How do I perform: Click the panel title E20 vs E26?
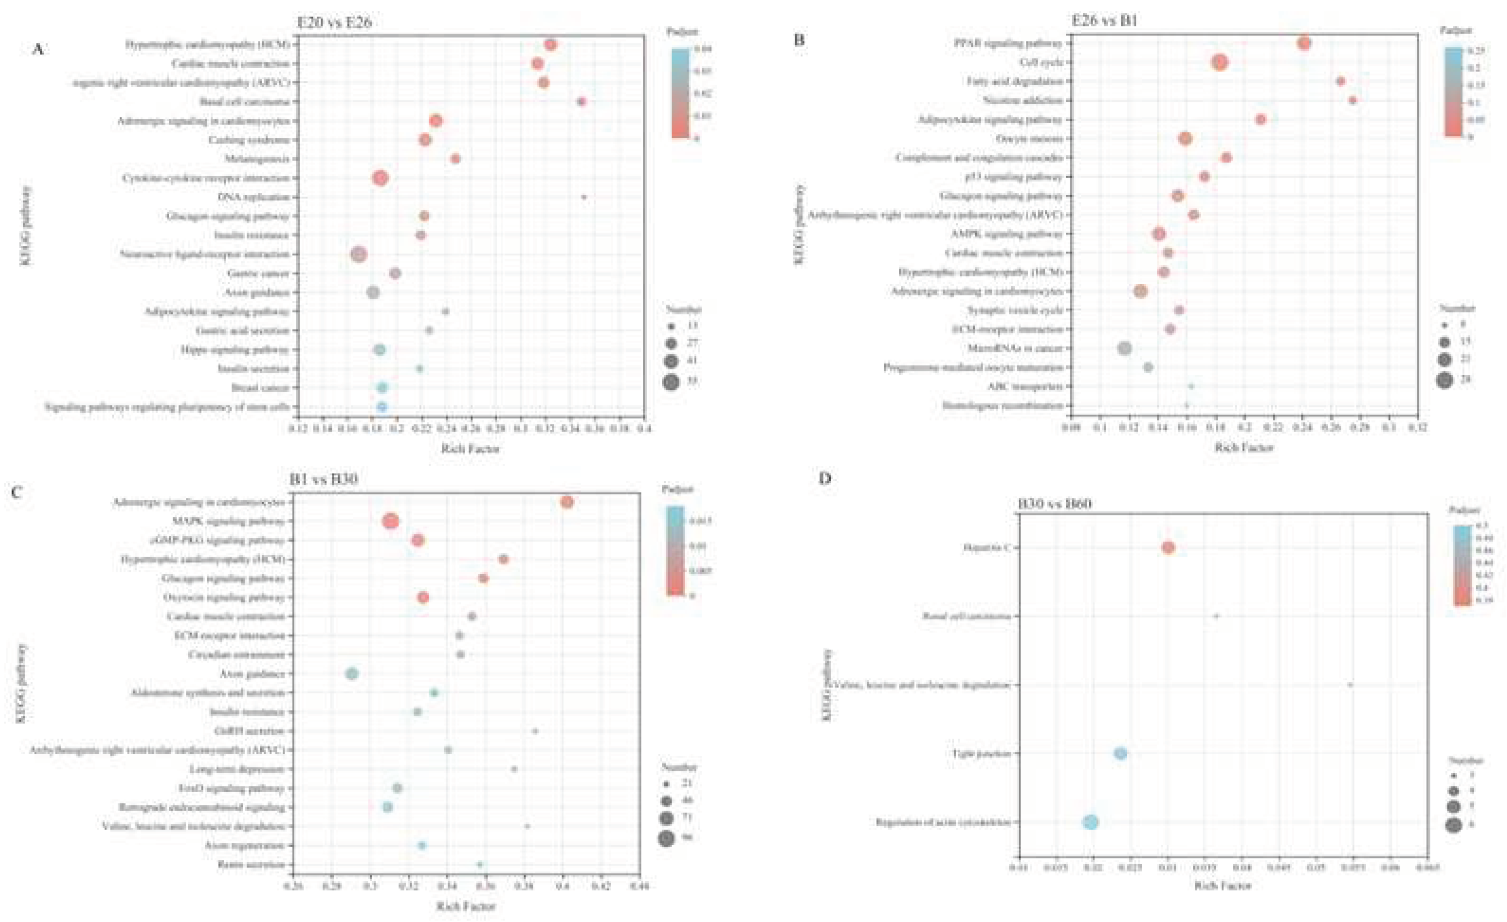pyautogui.click(x=334, y=23)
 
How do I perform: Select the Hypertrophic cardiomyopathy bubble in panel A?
pyautogui.click(x=550, y=45)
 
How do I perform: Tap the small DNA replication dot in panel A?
pyautogui.click(x=584, y=197)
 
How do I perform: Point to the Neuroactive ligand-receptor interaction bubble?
pyautogui.click(x=359, y=254)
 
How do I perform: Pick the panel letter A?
pyautogui.click(x=38, y=49)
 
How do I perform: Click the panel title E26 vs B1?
pyautogui.click(x=1104, y=20)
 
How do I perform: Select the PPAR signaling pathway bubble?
pyautogui.click(x=1304, y=43)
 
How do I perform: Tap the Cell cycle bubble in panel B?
pyautogui.click(x=1220, y=63)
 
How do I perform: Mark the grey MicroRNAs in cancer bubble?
pyautogui.click(x=1124, y=349)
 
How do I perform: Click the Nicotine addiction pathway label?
pyautogui.click(x=1023, y=100)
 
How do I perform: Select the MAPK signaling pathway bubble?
pyautogui.click(x=390, y=522)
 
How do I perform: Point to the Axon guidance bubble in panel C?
pyautogui.click(x=352, y=674)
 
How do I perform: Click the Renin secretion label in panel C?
pyautogui.click(x=251, y=865)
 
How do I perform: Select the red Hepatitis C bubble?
pyautogui.click(x=1168, y=547)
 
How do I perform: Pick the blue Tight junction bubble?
pyautogui.click(x=1120, y=753)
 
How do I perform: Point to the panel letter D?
pyautogui.click(x=825, y=478)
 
